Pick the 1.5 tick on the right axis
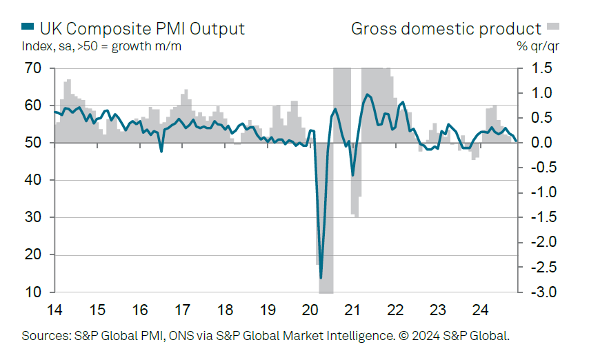point(542,68)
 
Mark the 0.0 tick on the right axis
point(542,143)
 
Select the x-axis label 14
point(53,308)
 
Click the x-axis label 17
point(182,308)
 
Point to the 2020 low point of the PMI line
point(321,277)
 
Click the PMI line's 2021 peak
point(366,94)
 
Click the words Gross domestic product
point(446,28)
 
